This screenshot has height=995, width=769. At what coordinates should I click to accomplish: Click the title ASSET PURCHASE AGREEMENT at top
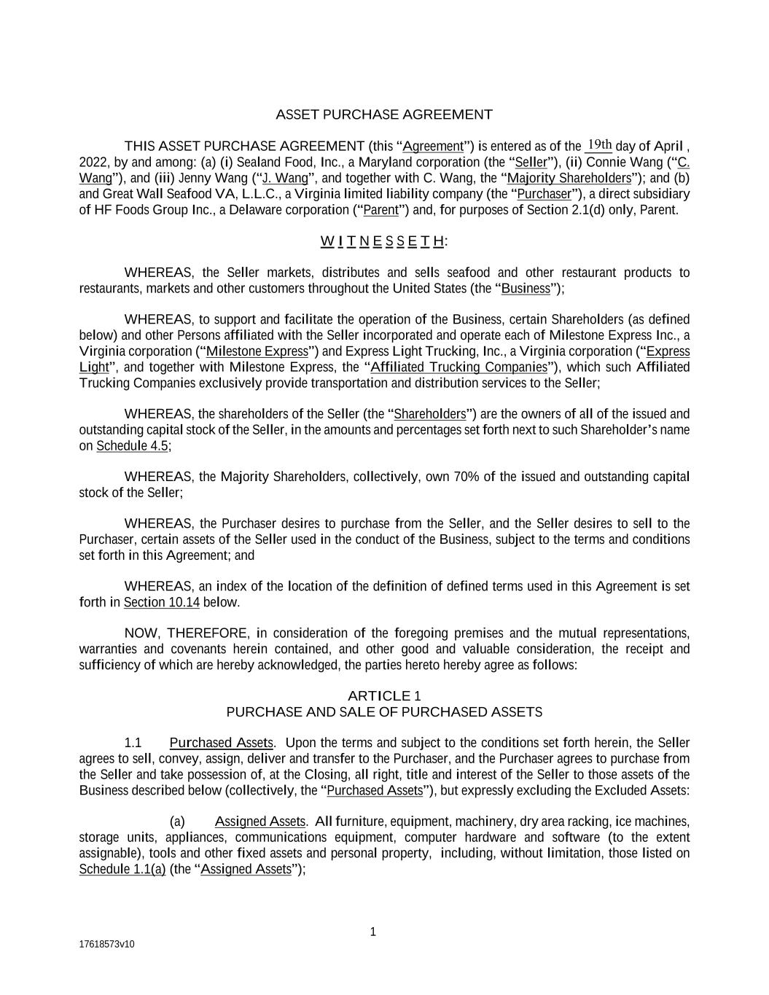click(383, 114)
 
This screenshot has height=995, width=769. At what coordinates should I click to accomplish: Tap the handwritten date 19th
click(599, 144)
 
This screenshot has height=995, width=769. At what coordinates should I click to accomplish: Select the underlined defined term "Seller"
click(531, 163)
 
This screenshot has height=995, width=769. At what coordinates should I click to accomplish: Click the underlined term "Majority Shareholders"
click(569, 179)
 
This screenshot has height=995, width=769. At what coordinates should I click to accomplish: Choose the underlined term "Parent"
click(380, 211)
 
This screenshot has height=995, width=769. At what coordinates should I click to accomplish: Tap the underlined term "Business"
click(526, 289)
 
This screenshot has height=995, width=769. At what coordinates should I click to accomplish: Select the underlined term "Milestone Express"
click(257, 351)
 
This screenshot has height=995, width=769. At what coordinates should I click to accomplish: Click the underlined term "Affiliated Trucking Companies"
click(458, 367)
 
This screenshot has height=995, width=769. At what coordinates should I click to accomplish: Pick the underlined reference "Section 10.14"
click(161, 603)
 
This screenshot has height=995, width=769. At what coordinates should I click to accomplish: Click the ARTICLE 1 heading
click(383, 696)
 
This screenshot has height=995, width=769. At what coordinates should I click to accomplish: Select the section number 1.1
click(133, 744)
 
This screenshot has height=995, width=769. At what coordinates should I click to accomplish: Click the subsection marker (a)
click(177, 822)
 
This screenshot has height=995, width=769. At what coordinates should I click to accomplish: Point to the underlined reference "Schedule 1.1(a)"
click(122, 870)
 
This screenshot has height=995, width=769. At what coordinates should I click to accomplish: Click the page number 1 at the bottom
click(373, 932)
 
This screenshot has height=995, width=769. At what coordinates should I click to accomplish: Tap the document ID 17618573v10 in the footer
click(106, 945)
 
